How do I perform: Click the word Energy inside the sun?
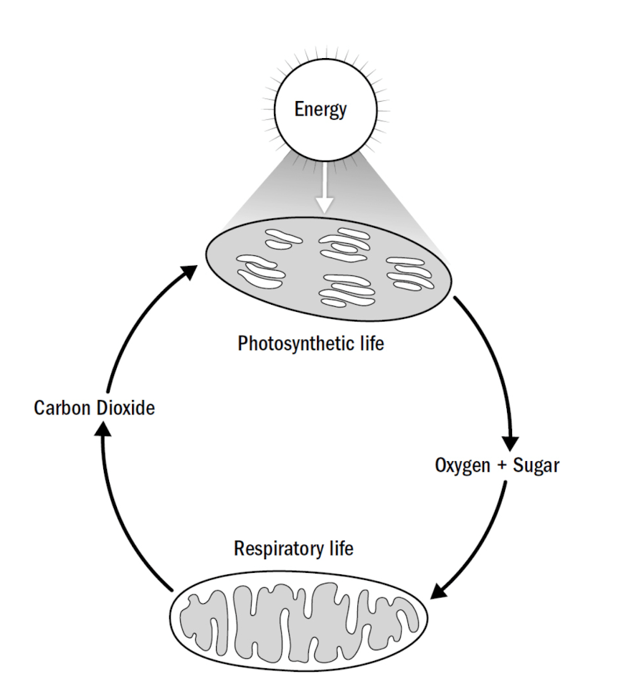[321, 110]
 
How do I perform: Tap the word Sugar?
[535, 465]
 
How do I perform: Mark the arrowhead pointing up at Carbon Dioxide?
[104, 429]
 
